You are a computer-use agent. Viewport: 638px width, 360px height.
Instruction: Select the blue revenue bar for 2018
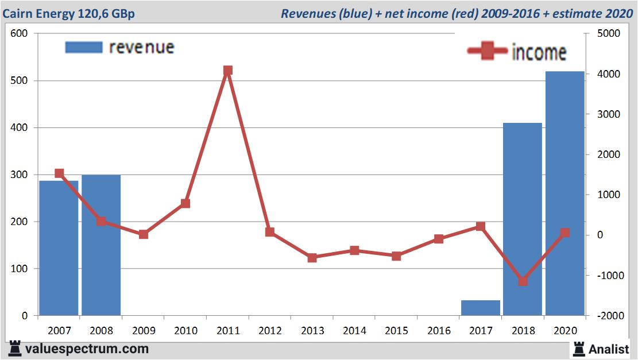coord(523,219)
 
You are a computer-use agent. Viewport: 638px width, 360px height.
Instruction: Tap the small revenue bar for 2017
coord(481,308)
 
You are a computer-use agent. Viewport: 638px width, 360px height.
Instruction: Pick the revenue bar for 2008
coord(101,245)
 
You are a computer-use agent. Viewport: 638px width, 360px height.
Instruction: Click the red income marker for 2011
coord(228,71)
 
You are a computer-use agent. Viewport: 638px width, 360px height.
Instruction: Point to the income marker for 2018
coord(523,281)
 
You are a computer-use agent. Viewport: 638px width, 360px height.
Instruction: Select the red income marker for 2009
coord(144,234)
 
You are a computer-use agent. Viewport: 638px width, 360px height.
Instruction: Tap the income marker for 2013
coord(312,258)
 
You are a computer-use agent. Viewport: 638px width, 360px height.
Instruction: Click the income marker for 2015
coord(396,256)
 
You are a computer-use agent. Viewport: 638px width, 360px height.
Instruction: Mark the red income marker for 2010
coord(185,203)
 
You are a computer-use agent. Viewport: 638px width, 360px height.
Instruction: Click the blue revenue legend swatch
coord(84,47)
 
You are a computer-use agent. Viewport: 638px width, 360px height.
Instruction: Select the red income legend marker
coord(488,51)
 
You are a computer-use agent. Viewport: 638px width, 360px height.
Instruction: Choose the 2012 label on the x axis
coord(270,331)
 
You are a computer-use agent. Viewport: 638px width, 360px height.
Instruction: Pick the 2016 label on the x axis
coord(439,331)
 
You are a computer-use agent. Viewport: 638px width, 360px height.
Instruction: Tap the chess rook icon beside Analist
coord(578,349)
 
